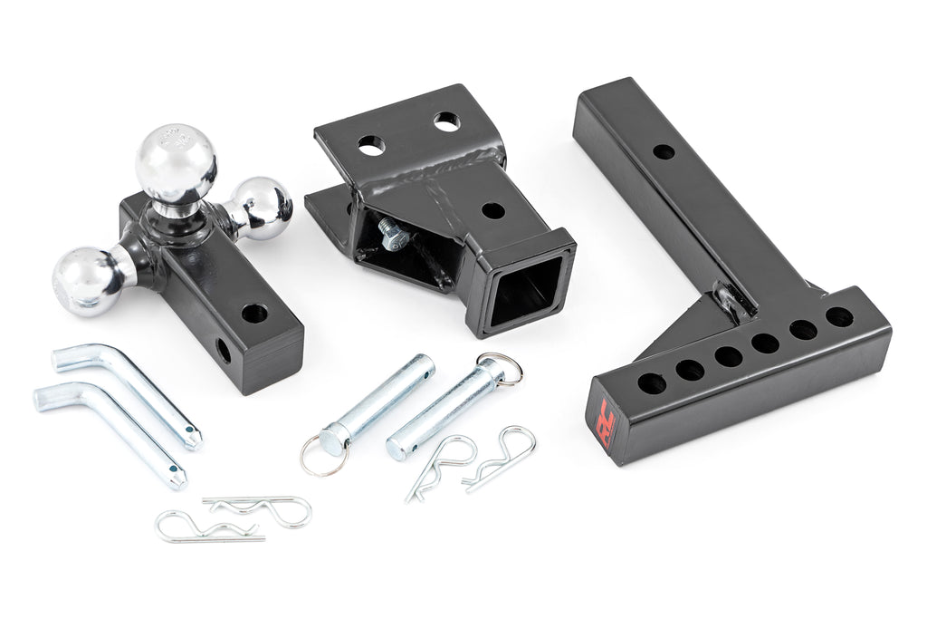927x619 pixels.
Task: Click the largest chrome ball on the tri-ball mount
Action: pyautogui.click(x=177, y=163)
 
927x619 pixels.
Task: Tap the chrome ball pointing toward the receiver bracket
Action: pyautogui.click(x=263, y=207)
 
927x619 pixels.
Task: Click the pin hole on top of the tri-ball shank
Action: pyautogui.click(x=253, y=314)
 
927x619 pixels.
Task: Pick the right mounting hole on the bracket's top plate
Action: pyautogui.click(x=444, y=121)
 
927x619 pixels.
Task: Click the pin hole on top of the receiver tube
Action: pyautogui.click(x=492, y=211)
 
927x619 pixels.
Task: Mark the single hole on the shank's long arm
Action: pyautogui.click(x=664, y=151)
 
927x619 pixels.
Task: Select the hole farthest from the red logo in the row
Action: pyautogui.click(x=838, y=317)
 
